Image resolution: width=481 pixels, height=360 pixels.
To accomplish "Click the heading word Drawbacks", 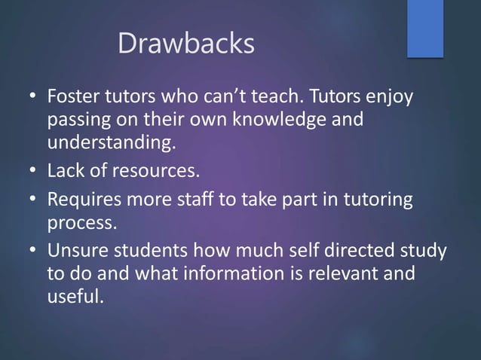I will pyautogui.click(x=186, y=44).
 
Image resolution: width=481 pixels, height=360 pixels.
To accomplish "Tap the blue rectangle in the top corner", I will pyautogui.click(x=425, y=28).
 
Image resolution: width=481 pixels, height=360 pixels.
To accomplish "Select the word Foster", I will pyautogui.click(x=73, y=99).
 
